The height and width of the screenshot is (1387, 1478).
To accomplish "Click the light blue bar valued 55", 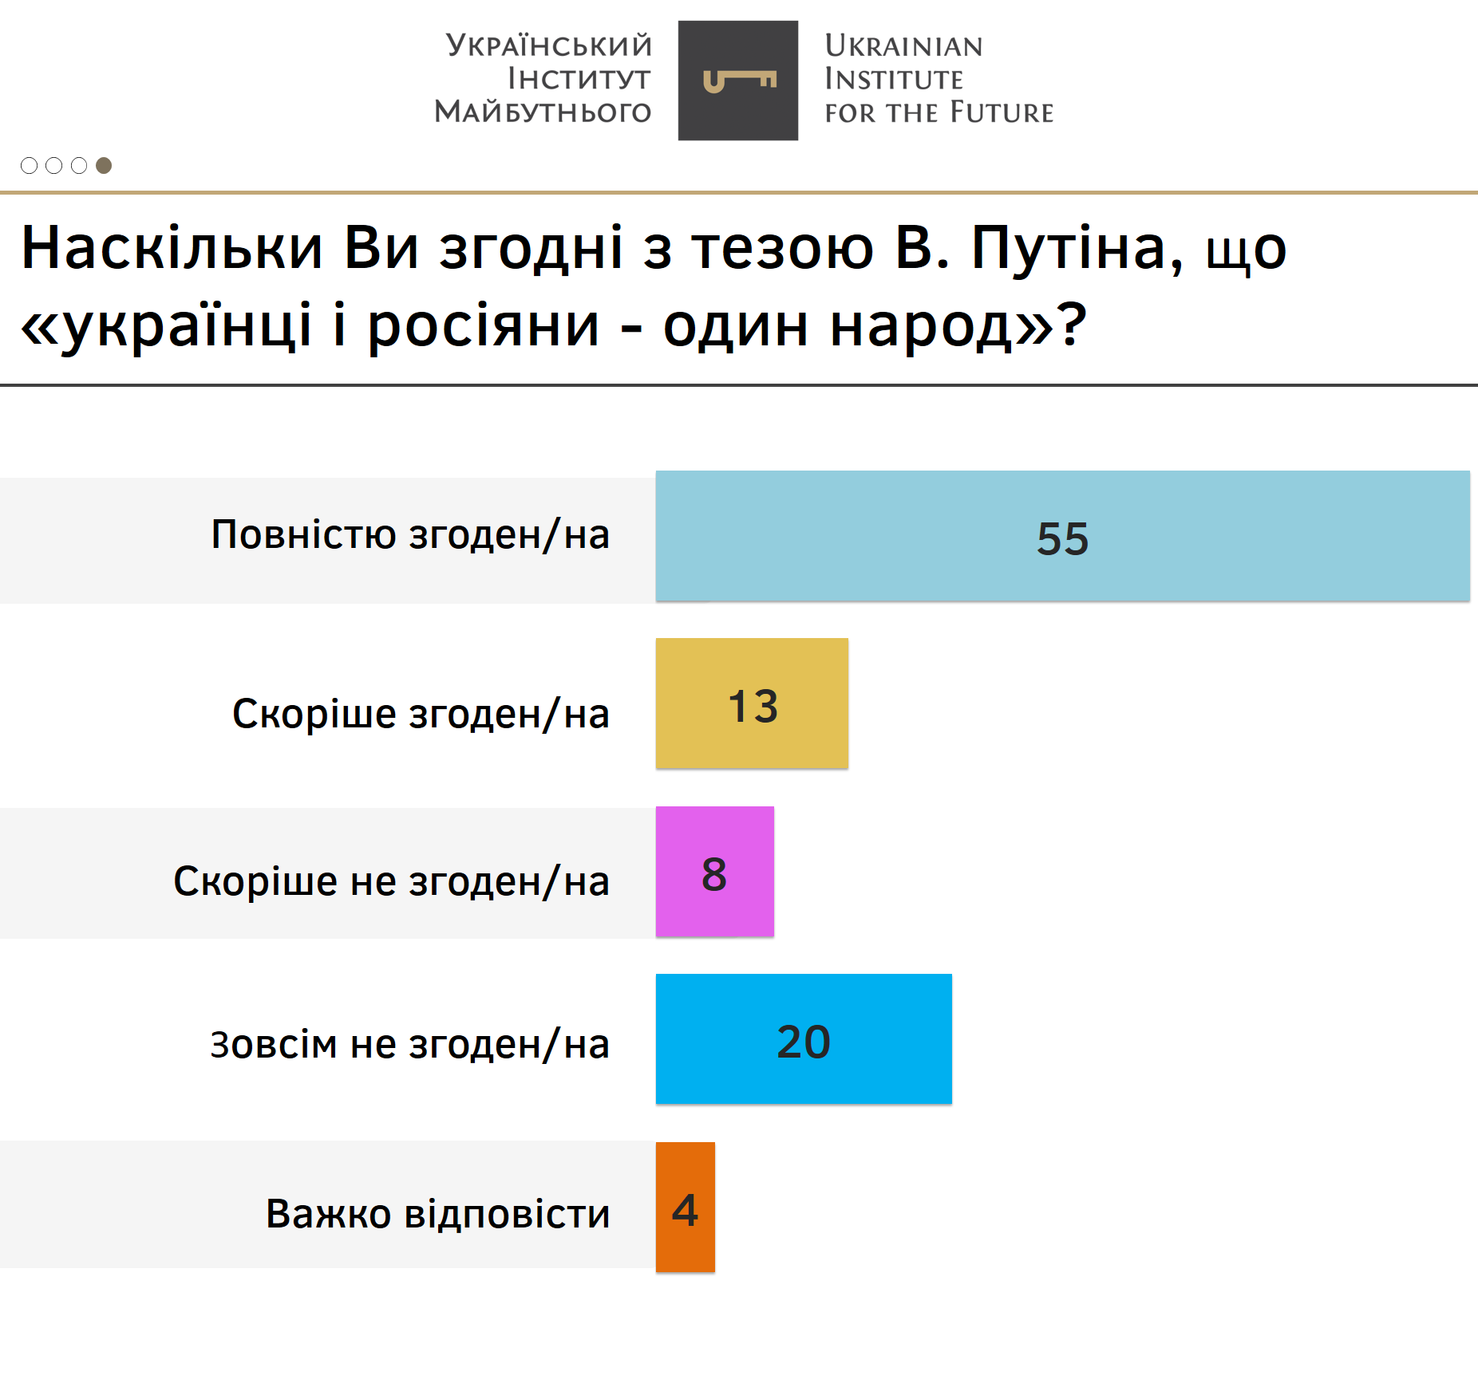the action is (x=1062, y=536).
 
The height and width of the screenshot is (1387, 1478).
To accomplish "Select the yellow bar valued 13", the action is (x=752, y=703).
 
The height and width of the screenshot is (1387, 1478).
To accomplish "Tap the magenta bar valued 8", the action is (x=715, y=871).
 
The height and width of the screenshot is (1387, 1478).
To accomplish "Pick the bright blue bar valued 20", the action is (x=804, y=1038).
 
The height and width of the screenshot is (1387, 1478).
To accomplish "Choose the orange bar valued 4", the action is (x=686, y=1207).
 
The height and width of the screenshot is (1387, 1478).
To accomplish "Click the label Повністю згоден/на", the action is (x=410, y=535).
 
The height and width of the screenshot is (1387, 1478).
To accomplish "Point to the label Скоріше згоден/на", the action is (x=421, y=714).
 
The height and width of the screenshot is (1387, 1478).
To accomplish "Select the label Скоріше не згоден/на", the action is (x=391, y=882).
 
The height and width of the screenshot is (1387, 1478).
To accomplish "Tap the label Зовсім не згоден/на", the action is (x=409, y=1044).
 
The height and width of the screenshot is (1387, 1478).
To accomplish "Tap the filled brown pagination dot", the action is (x=104, y=165).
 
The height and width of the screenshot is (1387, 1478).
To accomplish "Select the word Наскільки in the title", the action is (x=172, y=248).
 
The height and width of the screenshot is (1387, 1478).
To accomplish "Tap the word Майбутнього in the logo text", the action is (x=543, y=112).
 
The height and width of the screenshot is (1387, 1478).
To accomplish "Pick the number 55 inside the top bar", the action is (x=1062, y=539).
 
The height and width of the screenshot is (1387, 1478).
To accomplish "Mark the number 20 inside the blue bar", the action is (x=804, y=1042).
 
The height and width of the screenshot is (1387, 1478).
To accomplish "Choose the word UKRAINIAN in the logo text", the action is (x=903, y=46).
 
